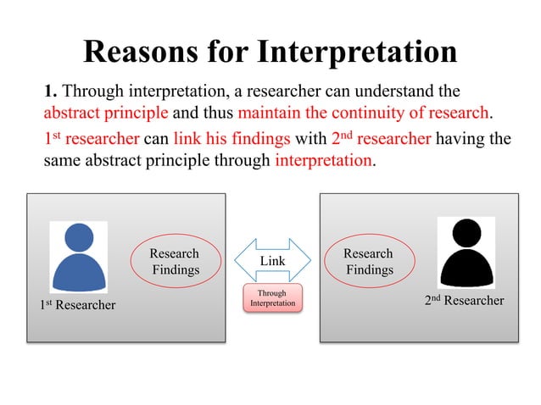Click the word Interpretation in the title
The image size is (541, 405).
(x=357, y=52)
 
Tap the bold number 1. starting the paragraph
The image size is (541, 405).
(x=52, y=92)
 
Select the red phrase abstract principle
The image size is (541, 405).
(x=106, y=113)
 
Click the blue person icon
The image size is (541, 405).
(x=79, y=257)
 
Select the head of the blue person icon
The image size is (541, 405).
(x=79, y=237)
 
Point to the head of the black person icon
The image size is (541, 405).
(x=466, y=233)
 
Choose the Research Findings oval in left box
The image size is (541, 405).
(x=176, y=262)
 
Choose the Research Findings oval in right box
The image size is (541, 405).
(x=369, y=262)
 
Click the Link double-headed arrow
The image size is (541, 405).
(x=272, y=261)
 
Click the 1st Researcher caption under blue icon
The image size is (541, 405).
(x=78, y=304)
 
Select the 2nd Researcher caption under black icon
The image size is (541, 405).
(x=464, y=301)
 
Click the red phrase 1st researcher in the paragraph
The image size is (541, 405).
(x=91, y=139)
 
